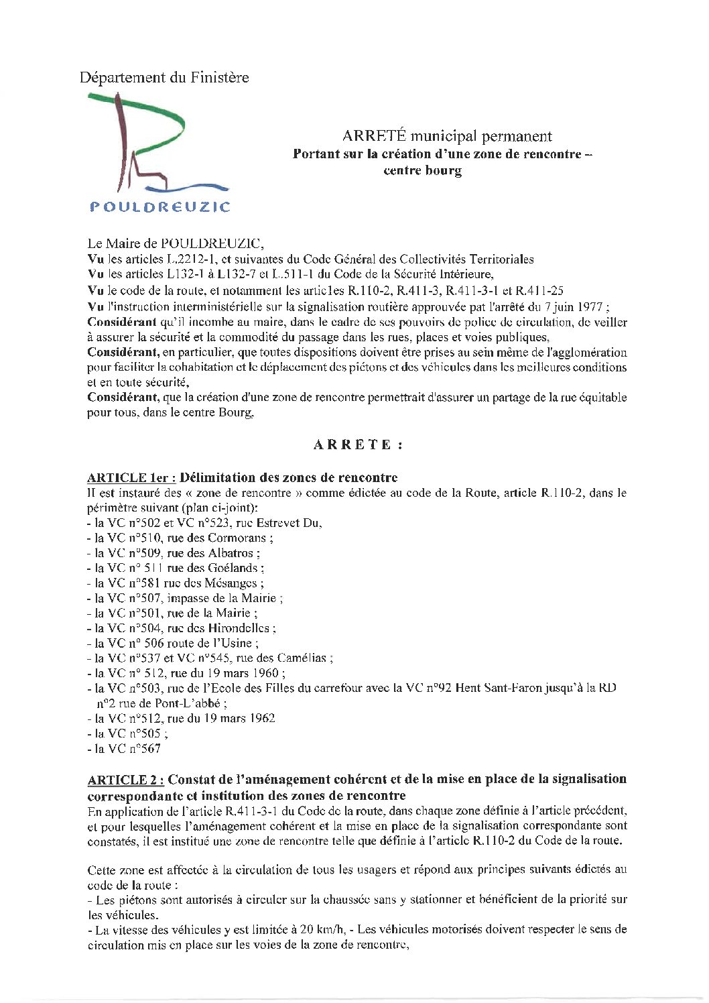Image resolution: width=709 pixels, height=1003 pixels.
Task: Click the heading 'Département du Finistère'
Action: [164, 78]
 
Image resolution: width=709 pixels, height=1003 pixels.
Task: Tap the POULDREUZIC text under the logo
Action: [159, 207]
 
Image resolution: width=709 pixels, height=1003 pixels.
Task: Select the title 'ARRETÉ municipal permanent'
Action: [447, 136]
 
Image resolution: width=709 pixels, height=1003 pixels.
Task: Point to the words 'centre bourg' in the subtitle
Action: [422, 170]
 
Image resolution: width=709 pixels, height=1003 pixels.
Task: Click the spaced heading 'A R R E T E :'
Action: [358, 445]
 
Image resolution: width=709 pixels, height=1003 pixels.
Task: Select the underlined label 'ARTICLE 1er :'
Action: [131, 478]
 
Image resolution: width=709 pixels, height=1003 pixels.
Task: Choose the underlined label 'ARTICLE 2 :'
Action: [125, 780]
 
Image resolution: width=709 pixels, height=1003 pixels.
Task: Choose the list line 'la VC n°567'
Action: [127, 749]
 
